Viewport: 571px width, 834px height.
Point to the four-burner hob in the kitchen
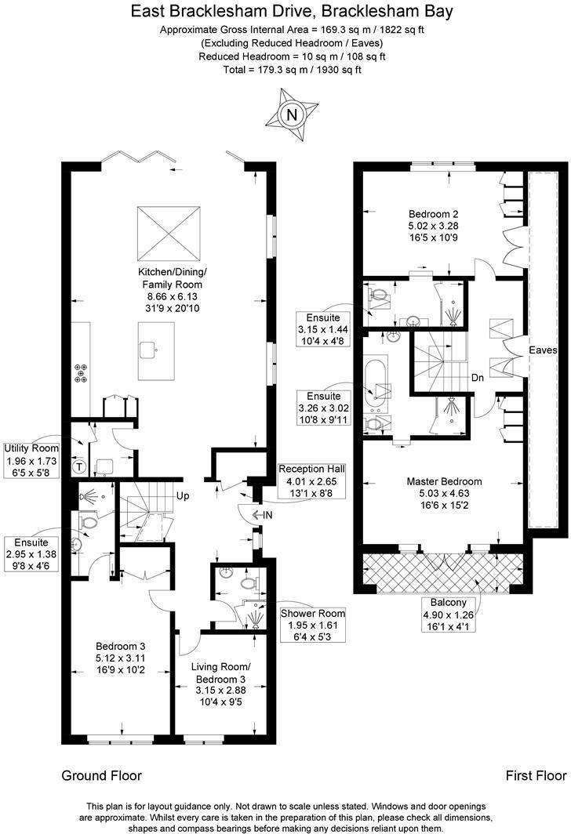[x=81, y=372]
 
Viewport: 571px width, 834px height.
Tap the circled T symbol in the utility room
[x=78, y=466]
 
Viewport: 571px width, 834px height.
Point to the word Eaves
[x=541, y=350]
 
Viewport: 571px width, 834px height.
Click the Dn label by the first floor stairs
[x=477, y=376]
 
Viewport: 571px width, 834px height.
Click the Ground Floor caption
[x=101, y=775]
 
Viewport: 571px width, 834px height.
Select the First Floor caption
[x=536, y=775]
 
